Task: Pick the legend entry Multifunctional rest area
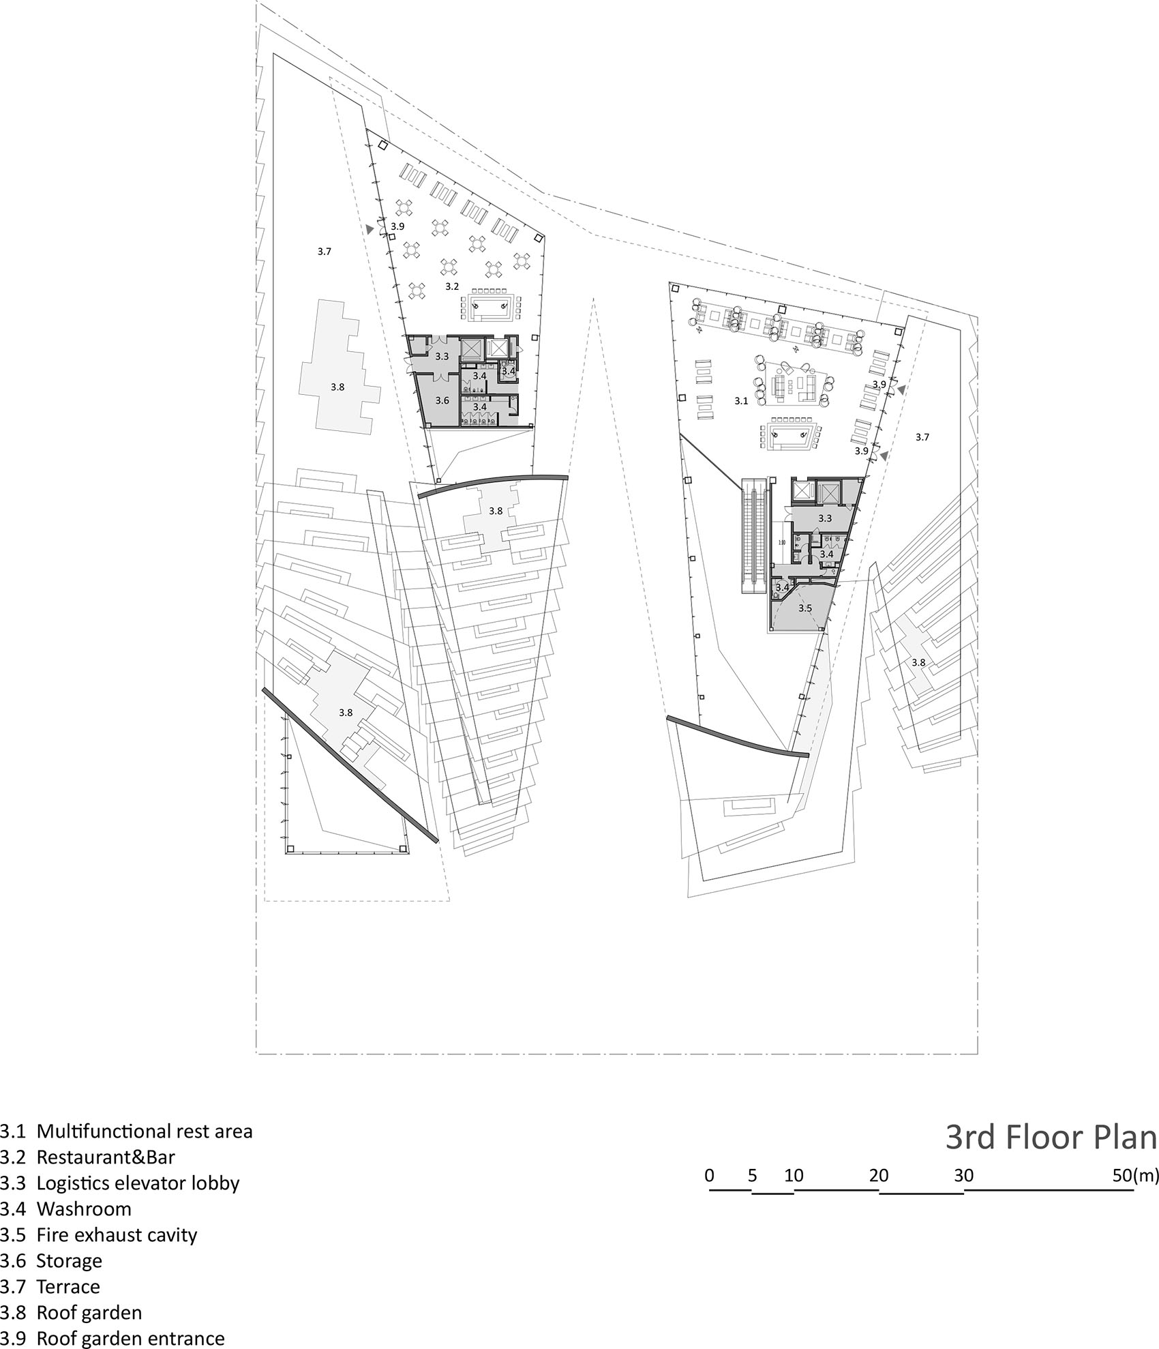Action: click(x=126, y=1131)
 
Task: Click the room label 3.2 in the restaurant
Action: click(x=452, y=286)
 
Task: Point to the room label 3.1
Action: click(x=741, y=401)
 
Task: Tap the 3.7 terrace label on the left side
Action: click(x=324, y=252)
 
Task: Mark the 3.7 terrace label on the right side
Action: click(x=922, y=437)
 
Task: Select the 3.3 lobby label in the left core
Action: click(x=442, y=356)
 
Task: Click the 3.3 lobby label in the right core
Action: click(x=825, y=518)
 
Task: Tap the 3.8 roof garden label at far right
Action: click(x=918, y=662)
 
